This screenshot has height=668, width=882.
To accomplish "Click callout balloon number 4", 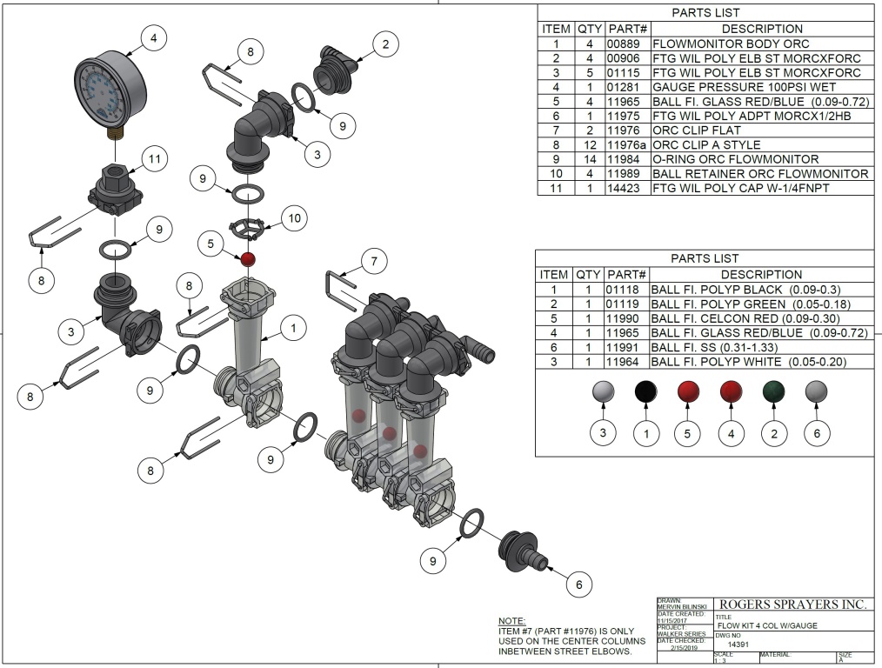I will (154, 38).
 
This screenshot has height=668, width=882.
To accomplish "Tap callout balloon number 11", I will (154, 159).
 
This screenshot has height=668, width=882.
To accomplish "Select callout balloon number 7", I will (373, 260).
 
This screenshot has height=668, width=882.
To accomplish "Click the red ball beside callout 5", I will (248, 259).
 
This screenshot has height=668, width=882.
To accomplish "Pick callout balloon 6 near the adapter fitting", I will (578, 584).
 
